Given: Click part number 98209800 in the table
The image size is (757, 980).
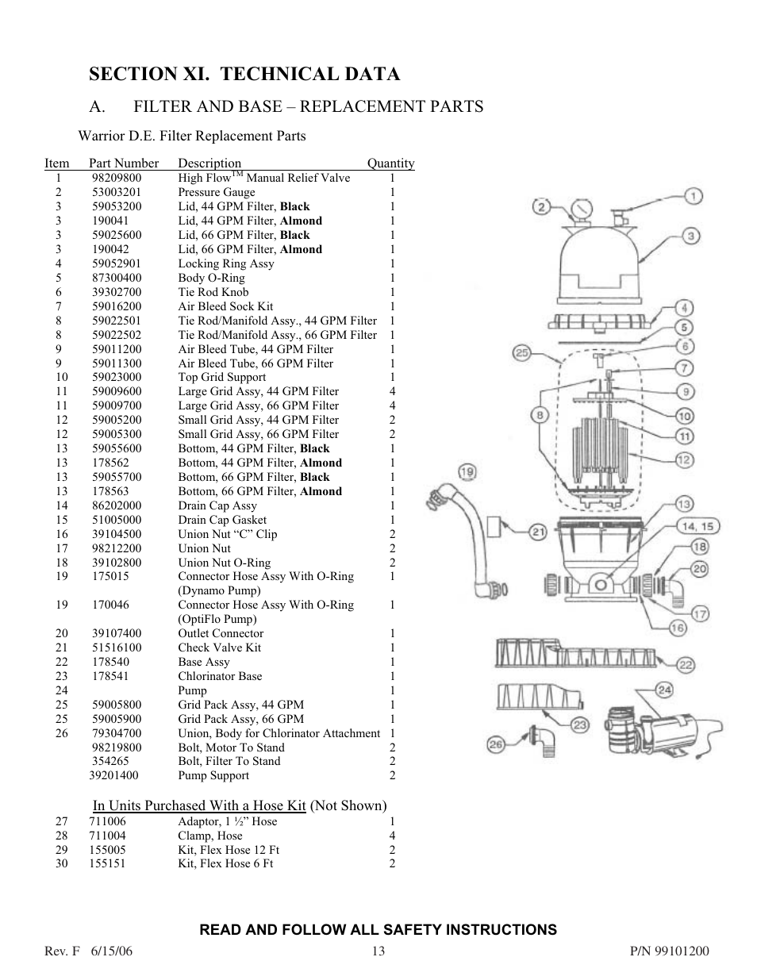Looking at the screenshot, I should pos(116,178).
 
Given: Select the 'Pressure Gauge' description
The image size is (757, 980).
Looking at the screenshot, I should pos(217,192).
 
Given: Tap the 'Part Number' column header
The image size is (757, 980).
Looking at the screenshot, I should pos(124,163).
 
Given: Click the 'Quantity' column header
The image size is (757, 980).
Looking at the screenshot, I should pos(390,163).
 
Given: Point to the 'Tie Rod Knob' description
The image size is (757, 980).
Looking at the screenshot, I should pos(213,292).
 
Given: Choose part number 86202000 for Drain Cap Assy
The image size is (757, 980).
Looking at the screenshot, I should pos(116,505).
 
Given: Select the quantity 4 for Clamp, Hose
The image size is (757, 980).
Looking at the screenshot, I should pos(392,836).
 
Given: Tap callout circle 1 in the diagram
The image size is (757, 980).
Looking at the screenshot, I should pos(692,195).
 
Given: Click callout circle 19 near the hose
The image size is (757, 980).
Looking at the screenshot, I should pos(467,473).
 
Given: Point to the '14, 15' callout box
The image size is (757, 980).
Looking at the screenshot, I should pos(697,526).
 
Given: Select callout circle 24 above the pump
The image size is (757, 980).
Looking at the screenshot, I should pos(665,690).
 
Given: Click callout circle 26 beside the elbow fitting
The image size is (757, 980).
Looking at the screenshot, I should pos(496,744).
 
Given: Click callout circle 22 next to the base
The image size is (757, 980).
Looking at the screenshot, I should pos(686,665).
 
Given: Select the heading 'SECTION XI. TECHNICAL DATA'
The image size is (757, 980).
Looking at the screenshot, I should pos(244,75).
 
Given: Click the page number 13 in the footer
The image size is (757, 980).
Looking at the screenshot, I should pos(378,951).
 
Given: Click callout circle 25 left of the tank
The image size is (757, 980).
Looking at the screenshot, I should pos(521,353).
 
